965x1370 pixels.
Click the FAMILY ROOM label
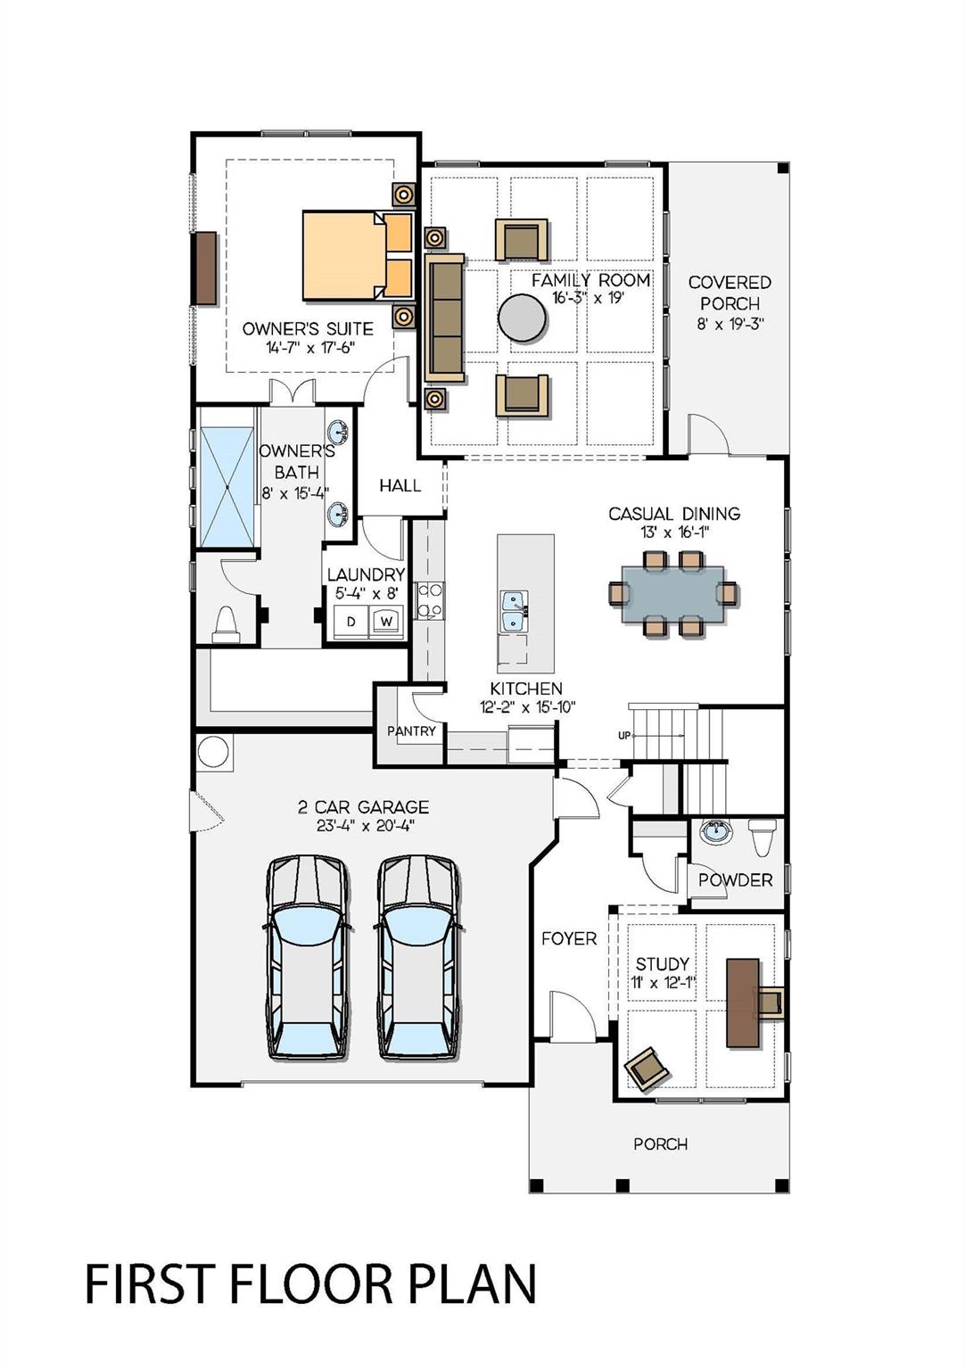point(590,281)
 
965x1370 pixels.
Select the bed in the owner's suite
point(358,256)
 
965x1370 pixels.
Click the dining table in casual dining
point(672,594)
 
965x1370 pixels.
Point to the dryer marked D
point(351,622)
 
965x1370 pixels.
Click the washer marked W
point(386,622)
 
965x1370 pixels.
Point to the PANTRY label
point(411,730)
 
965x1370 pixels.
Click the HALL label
point(400,485)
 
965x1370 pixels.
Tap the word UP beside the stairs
point(623,736)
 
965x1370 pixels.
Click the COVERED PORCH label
point(730,293)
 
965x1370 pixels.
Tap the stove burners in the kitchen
point(430,600)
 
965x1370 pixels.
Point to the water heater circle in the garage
point(213,752)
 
